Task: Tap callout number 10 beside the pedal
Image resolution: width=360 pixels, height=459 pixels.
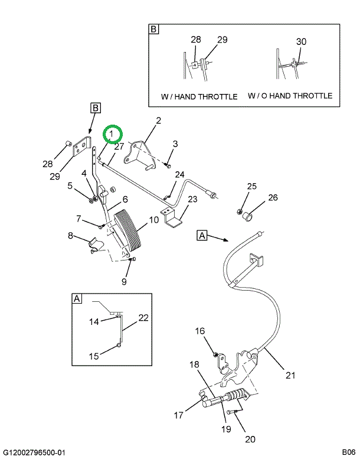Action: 153,220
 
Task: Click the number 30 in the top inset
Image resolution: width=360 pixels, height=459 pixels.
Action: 301,41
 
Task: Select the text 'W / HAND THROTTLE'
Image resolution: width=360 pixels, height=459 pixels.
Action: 199,96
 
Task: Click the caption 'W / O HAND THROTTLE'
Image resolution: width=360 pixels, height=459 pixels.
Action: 290,96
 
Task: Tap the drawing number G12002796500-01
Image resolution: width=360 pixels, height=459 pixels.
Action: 36,452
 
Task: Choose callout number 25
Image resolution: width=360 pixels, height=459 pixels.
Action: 251,187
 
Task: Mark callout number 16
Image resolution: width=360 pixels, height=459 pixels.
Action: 200,331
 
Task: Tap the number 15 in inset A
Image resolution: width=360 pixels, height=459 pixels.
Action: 94,356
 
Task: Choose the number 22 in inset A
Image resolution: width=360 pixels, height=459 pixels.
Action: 143,317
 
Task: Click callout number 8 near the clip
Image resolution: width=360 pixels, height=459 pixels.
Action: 70,236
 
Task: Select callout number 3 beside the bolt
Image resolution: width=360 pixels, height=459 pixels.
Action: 175,144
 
